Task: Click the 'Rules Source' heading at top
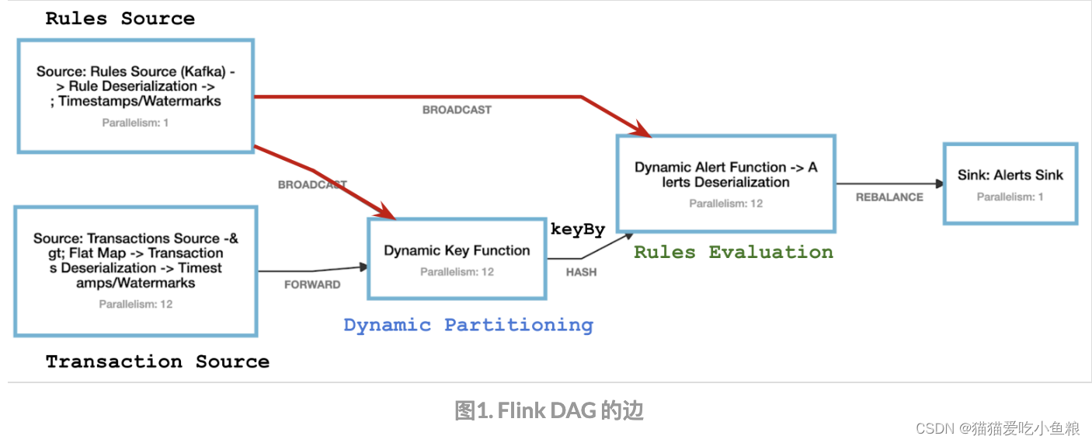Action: coord(120,19)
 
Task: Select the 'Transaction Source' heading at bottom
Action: coord(157,361)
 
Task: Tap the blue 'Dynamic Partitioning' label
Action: coord(468,325)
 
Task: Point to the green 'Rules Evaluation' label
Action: coord(733,252)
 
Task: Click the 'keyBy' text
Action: coord(578,229)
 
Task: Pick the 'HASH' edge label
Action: coord(581,272)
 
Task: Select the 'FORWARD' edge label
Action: coord(312,284)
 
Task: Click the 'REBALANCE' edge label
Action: coord(889,197)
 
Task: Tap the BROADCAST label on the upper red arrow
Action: coord(457,110)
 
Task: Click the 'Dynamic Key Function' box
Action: coord(457,259)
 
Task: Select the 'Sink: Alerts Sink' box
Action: coord(1010,183)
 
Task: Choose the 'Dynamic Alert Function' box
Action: coord(725,183)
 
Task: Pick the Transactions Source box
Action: coord(136,270)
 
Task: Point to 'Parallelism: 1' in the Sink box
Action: coord(1010,197)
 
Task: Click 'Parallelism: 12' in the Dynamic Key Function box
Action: coord(457,272)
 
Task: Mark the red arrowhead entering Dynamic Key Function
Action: coord(388,212)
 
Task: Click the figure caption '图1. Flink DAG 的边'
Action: coord(548,410)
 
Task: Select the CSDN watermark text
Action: coord(997,428)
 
